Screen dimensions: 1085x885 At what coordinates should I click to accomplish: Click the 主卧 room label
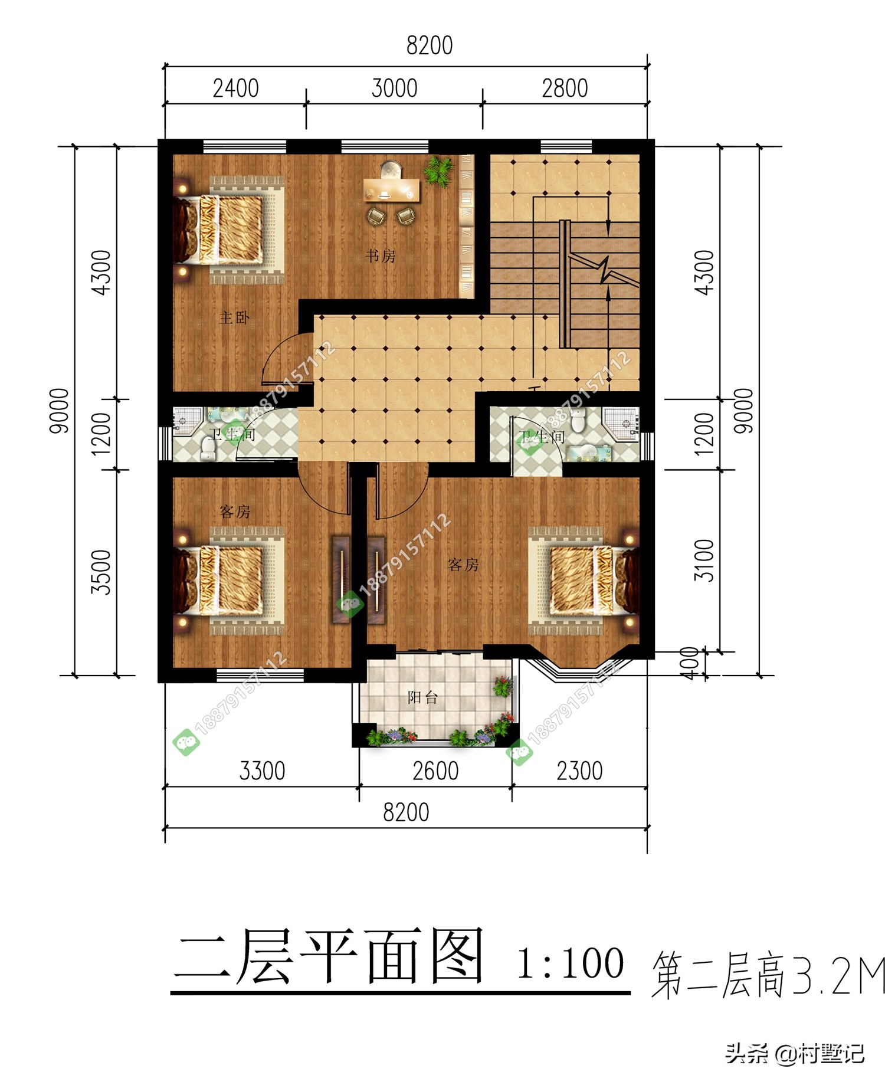[234, 318]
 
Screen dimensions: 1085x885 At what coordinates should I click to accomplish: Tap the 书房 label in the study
[380, 256]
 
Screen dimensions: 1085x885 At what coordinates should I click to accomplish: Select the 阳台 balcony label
[422, 697]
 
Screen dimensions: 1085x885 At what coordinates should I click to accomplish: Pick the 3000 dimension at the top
[394, 88]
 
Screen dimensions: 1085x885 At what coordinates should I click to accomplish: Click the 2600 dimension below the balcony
[435, 771]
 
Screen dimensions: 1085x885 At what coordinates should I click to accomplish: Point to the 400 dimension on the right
[690, 663]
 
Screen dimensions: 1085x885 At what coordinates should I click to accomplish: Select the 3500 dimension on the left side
[101, 572]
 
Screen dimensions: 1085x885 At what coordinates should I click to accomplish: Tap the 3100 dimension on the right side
[704, 560]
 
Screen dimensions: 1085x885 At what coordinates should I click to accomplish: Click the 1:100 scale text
[569, 963]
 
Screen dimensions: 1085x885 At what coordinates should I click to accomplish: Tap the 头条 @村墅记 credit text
[794, 1053]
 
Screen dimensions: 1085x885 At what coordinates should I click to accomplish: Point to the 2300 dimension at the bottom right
[579, 771]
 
